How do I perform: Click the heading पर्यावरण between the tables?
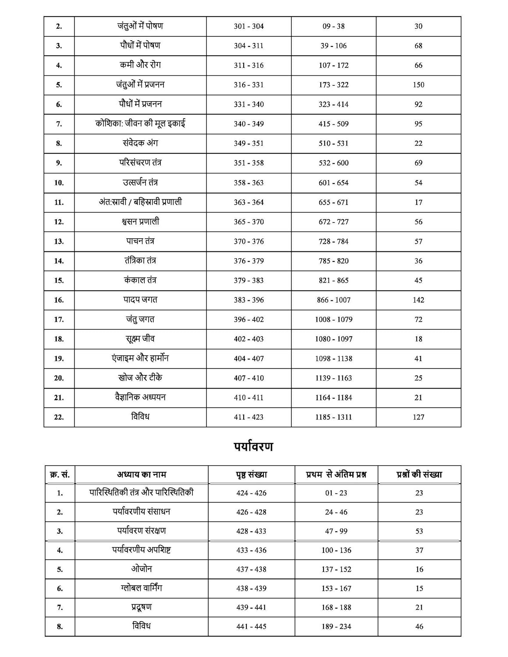point(253,447)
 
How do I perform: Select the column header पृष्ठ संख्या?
point(251,474)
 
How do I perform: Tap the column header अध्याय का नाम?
point(141,474)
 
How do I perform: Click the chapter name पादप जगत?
point(140,300)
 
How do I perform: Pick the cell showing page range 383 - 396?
point(249,300)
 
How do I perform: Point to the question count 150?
point(418,85)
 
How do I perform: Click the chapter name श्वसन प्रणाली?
point(140,222)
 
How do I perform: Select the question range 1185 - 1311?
point(333,417)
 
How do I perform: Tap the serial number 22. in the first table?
point(59,417)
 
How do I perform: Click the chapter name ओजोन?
point(141,569)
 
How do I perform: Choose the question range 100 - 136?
point(336,550)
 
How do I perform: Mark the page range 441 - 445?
point(251,627)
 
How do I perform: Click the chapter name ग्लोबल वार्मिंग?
point(141,588)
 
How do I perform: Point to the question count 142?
point(418,300)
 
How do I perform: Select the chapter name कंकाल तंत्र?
point(140,280)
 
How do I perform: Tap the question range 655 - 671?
point(333,202)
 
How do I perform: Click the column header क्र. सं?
point(60,474)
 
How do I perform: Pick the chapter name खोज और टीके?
point(140,378)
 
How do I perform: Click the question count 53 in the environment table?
point(419,531)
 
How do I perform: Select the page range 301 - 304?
point(249,26)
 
